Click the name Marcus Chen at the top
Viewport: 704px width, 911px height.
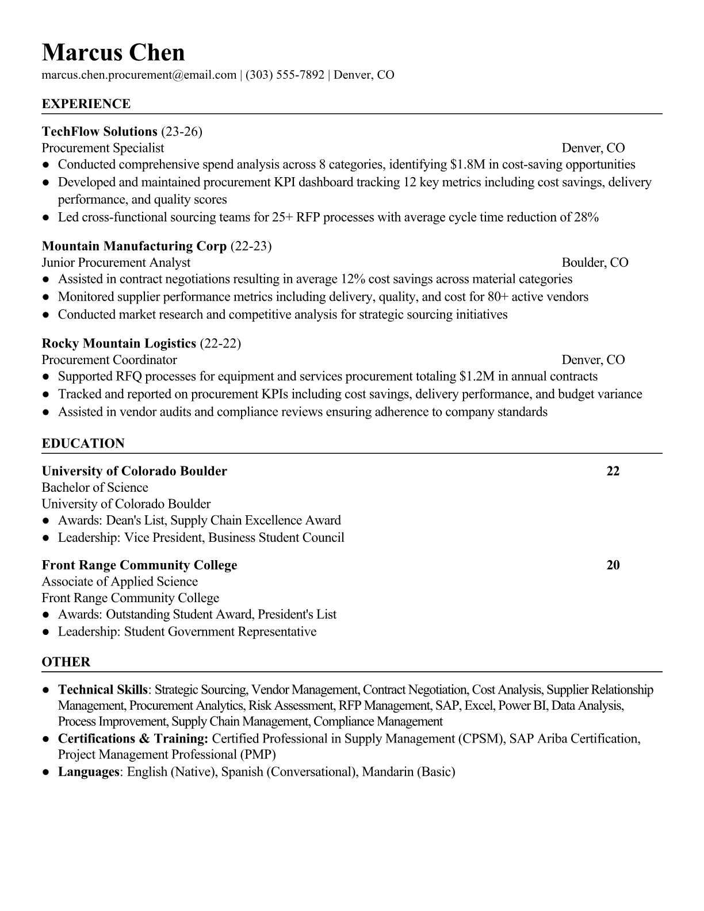113,53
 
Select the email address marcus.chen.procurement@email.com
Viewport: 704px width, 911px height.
139,75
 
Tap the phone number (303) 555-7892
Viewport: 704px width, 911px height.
285,75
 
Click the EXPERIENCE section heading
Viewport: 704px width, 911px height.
86,104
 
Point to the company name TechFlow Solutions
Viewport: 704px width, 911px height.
100,132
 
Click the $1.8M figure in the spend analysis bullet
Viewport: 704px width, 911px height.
466,164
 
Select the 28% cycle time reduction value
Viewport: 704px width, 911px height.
586,217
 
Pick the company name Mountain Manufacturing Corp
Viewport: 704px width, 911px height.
134,246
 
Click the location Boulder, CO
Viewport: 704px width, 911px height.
595,263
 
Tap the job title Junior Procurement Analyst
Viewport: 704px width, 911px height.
116,263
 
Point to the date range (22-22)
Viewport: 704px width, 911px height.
220,343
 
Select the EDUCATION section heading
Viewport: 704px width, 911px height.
83,443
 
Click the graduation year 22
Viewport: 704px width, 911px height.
613,471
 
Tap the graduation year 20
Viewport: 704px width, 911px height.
613,565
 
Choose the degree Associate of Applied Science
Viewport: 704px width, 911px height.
120,581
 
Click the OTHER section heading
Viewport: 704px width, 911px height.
66,662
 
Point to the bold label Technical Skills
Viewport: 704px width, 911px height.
103,690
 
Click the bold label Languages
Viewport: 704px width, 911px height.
88,772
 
